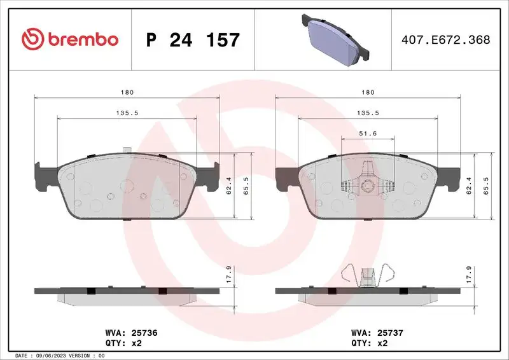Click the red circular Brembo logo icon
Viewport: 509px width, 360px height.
[33, 39]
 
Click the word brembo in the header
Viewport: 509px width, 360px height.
[81, 39]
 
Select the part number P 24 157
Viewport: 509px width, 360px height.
[193, 40]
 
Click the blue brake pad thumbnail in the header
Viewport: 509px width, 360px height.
[335, 39]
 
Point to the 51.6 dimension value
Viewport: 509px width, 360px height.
[367, 133]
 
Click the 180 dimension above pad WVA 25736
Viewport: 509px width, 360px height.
[127, 93]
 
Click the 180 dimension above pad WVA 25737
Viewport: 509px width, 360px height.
[367, 93]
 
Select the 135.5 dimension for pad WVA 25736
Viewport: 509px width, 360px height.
[127, 113]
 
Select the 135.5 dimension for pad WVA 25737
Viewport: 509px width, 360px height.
[367, 113]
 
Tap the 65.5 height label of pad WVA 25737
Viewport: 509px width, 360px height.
[487, 187]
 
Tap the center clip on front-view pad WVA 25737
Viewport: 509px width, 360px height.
[367, 184]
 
